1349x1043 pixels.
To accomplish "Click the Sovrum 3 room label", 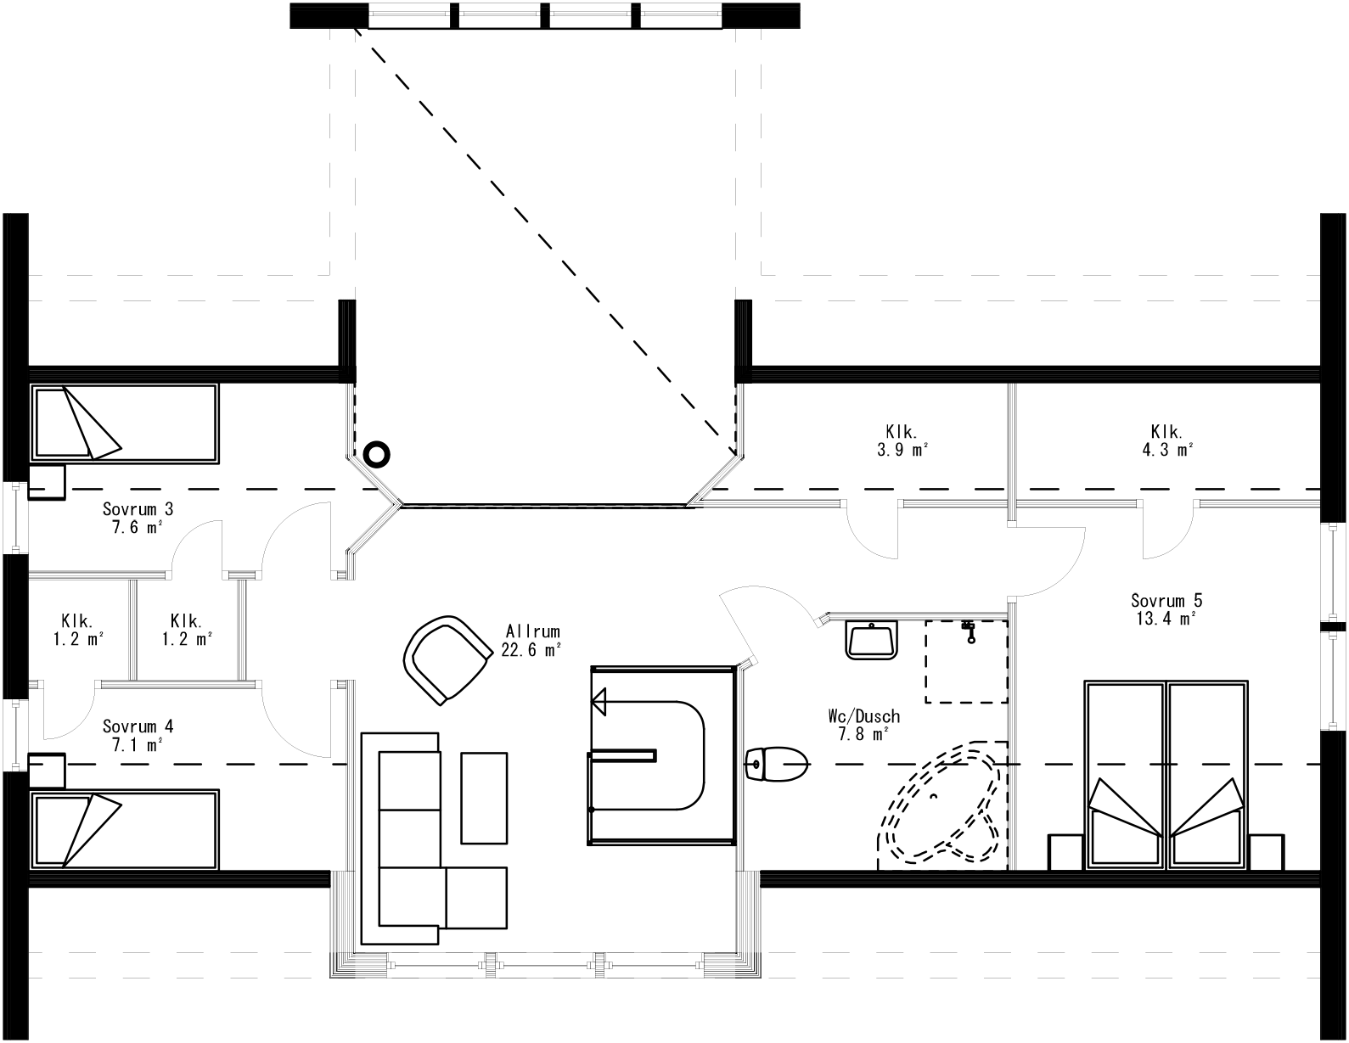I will point(138,518).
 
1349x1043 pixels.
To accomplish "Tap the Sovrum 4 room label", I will point(138,735).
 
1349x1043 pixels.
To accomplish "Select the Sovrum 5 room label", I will point(1166,609).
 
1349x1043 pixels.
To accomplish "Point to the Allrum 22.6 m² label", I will point(533,641).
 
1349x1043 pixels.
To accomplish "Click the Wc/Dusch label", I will point(863,725).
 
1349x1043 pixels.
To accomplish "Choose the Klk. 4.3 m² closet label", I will point(1168,440).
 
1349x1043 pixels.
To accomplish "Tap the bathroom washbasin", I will point(871,638).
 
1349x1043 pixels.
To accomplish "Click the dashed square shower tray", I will point(966,661).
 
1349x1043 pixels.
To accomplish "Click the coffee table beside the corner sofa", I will point(484,797).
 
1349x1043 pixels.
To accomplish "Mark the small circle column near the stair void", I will point(376,455).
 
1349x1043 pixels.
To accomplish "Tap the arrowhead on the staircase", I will point(600,701).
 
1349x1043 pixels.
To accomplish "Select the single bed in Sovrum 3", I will point(125,423).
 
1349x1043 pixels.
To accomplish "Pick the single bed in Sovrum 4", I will point(125,829).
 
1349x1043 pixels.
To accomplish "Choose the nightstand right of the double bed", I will point(1267,852).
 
